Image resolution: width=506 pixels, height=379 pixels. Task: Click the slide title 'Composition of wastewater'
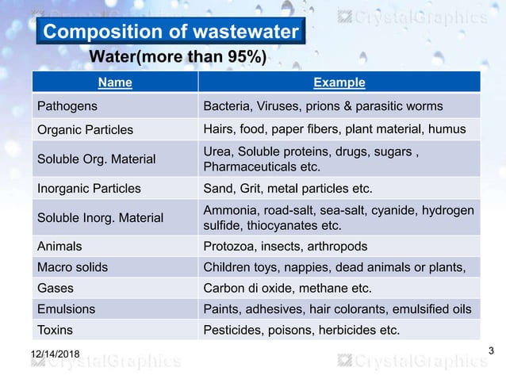pos(171,33)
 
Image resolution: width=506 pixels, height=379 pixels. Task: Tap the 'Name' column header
pos(115,82)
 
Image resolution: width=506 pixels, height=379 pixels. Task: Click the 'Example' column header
pos(339,82)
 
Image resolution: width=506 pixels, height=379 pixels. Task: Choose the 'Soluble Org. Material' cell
pos(95,159)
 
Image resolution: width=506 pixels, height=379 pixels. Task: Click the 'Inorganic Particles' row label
pos(89,189)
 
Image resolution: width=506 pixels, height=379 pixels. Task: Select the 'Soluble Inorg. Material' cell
pos(100,217)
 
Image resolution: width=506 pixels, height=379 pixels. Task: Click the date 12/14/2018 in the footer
pos(60,353)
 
